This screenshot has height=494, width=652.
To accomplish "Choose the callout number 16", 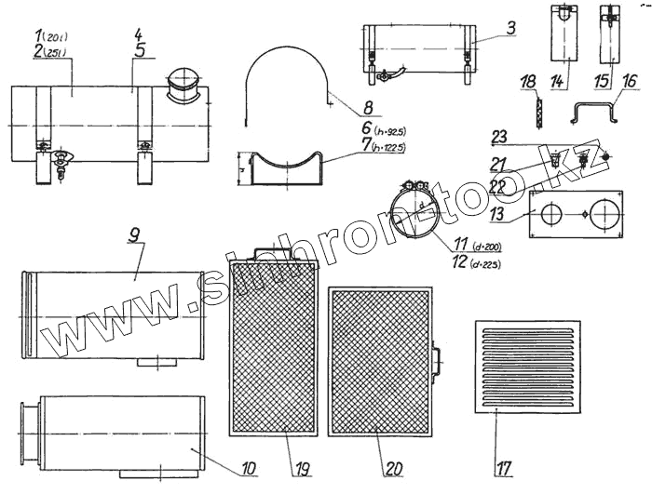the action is [631, 82].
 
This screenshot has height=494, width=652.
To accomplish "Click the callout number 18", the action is [528, 84].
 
